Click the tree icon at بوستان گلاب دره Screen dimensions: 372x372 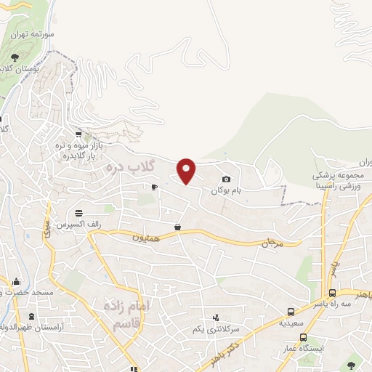coord(15,57)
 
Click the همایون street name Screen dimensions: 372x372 coord(144,237)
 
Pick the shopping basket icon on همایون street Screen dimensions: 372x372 coord(177,227)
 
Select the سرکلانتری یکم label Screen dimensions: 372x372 coord(215,330)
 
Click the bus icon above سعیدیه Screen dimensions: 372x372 coord(291,310)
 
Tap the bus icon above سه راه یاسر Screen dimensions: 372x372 coord(331,294)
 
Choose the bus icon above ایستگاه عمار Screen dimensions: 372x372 coord(304,336)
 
